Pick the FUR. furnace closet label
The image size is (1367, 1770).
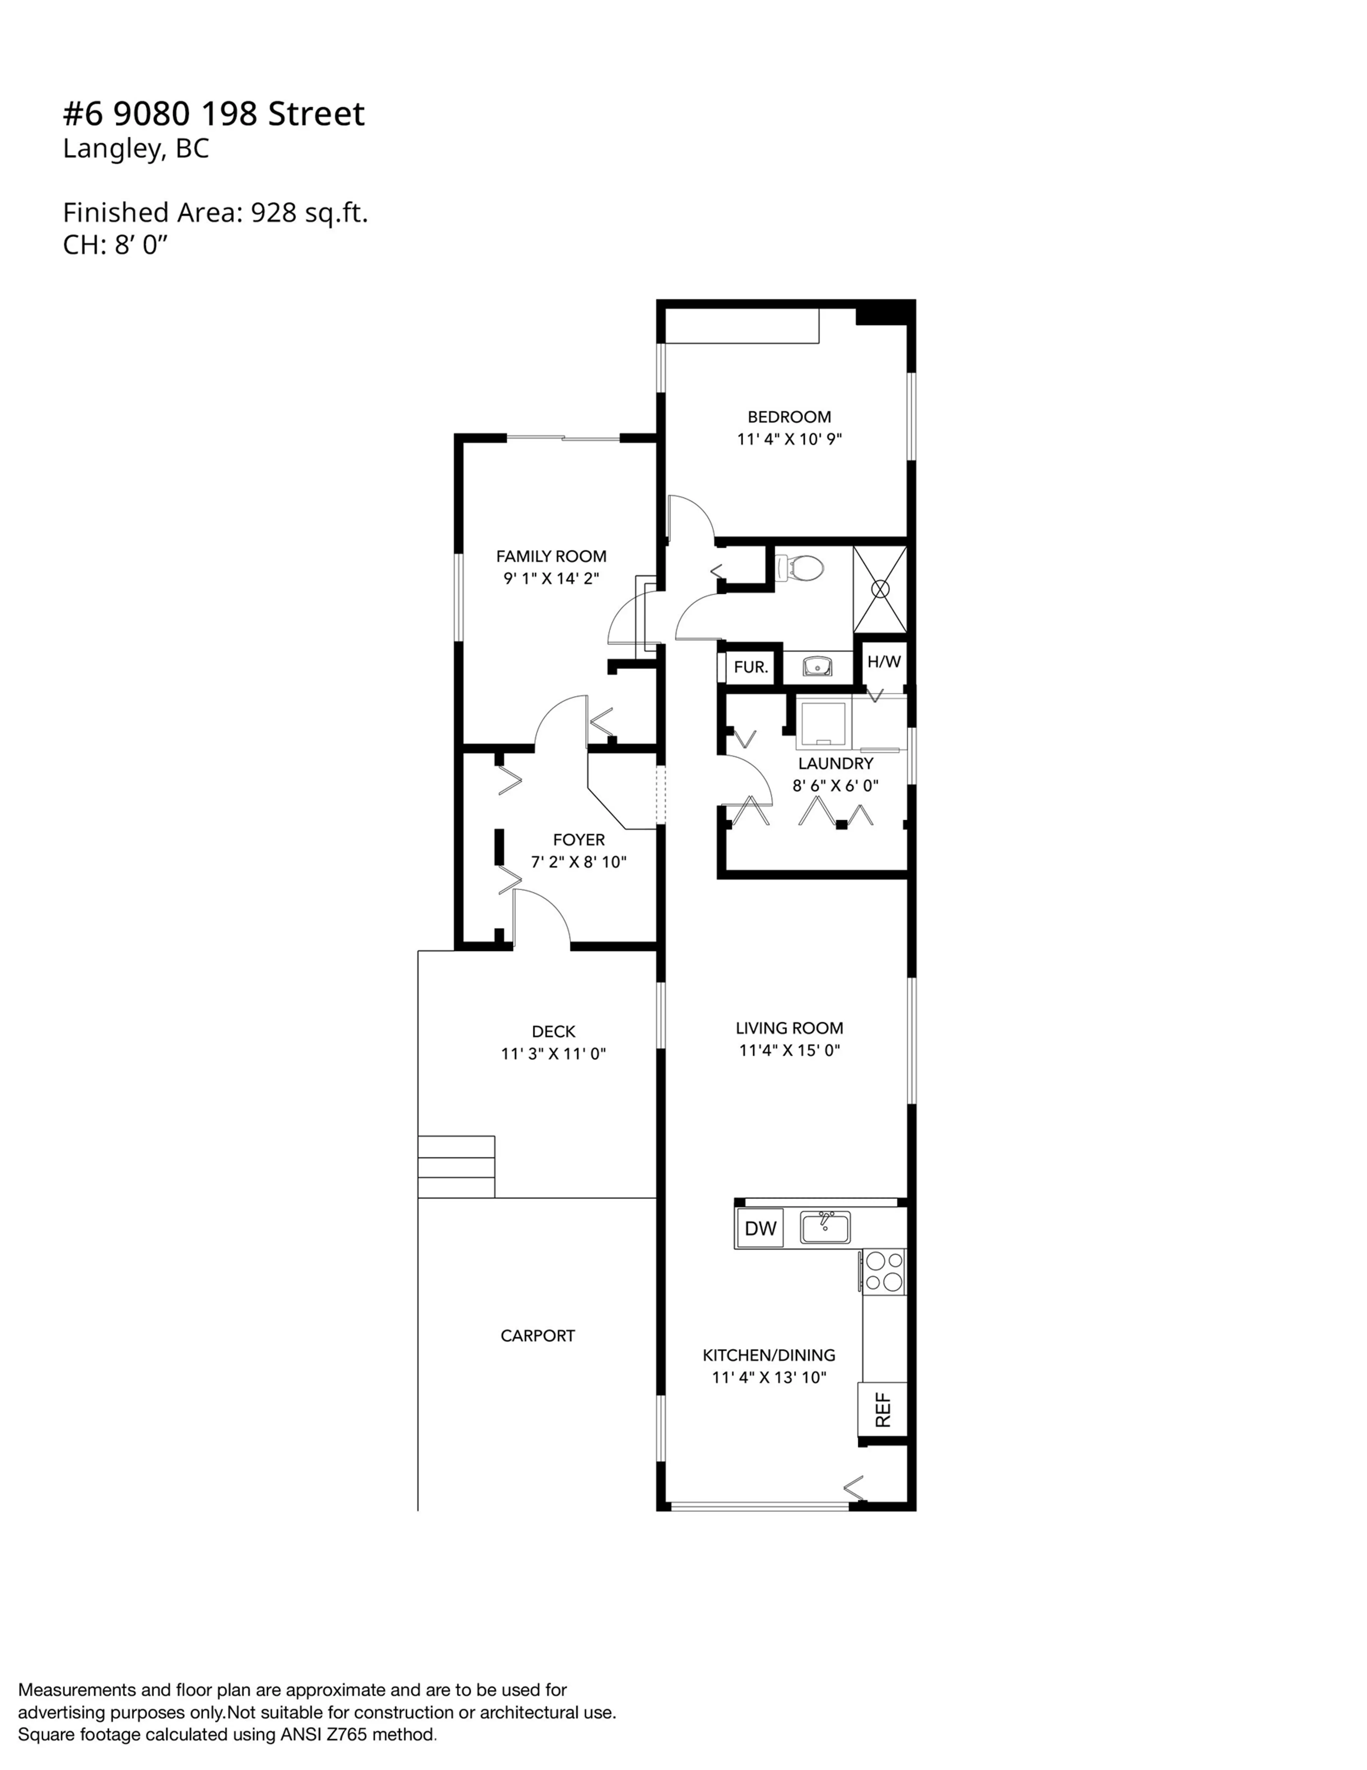pos(750,667)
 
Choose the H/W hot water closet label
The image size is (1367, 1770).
pos(883,661)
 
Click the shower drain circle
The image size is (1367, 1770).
pos(880,589)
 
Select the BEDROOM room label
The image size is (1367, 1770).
pos(789,417)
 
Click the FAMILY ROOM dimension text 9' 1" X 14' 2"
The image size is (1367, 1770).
pos(551,578)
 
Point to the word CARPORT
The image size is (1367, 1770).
pos(537,1336)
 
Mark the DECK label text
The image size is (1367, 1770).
pos(554,1031)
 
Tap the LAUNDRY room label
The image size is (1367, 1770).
pos(836,762)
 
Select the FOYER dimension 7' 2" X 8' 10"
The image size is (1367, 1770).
pos(578,861)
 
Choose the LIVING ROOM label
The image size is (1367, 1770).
pos(789,1028)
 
